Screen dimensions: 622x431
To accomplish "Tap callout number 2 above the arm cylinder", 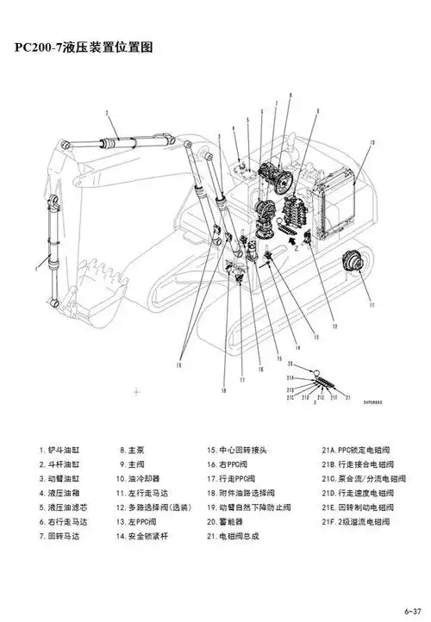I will (x=106, y=113).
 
